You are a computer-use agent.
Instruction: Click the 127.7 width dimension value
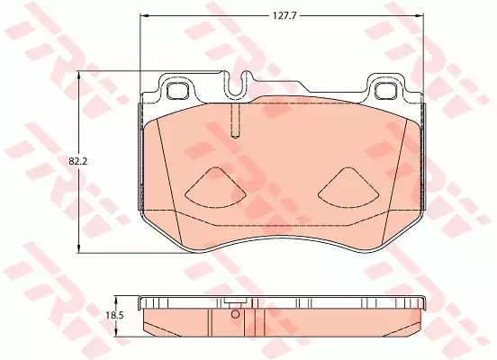point(285,14)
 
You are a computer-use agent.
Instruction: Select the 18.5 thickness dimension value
point(113,315)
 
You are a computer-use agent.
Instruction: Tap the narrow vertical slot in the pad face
point(233,121)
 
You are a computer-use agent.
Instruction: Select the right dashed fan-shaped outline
point(349,186)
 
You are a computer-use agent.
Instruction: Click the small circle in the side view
point(235,315)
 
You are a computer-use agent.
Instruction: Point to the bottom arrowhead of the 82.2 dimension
point(82,250)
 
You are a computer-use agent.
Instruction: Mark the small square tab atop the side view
point(233,302)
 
